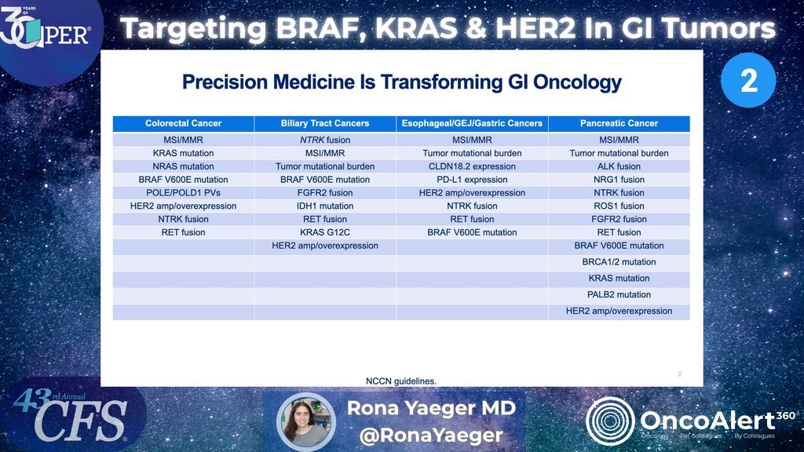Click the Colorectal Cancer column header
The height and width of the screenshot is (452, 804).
pos(183,123)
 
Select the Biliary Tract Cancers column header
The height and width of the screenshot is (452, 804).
pos(324,123)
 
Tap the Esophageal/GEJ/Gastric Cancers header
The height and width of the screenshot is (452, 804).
pos(471,123)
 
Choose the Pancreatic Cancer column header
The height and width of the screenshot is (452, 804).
pos(619,123)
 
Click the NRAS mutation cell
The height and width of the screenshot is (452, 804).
pos(183,166)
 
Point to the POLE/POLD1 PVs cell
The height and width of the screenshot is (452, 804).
pos(183,192)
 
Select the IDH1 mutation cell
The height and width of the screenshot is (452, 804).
pos(324,206)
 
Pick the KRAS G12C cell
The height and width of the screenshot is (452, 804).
pos(324,232)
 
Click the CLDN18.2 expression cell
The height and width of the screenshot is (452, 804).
pos(471,166)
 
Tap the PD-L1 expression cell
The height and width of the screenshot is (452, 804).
pos(471,180)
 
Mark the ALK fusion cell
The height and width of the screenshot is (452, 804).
pos(619,166)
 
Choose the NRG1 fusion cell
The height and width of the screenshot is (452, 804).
pos(619,180)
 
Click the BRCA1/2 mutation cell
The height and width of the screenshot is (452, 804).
pos(619,262)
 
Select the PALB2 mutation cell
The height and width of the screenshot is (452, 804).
pos(619,295)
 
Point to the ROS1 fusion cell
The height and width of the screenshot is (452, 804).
pos(619,206)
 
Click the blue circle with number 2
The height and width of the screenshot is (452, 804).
pos(748,80)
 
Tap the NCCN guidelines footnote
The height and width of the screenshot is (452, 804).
pos(400,381)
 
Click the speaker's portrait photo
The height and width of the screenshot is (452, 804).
pos(305,421)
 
